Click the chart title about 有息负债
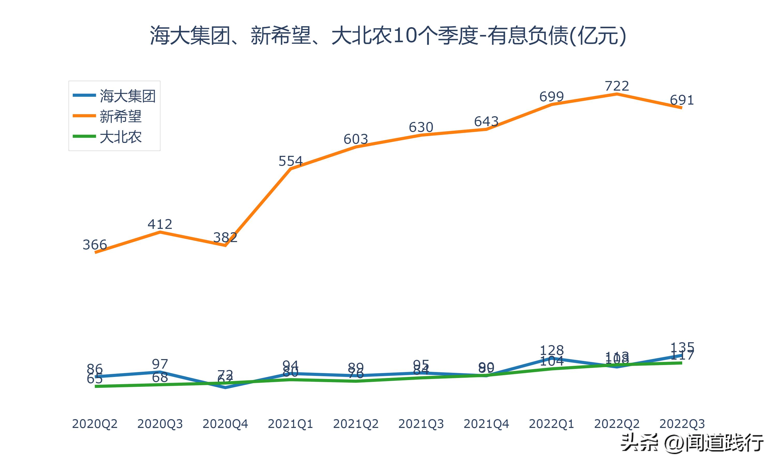point(388,35)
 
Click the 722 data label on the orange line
point(617,86)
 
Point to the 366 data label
point(95,245)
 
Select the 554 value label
point(291,161)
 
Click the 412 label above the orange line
point(160,224)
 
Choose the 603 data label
point(356,139)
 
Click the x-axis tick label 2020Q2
point(95,424)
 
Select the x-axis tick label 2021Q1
point(291,424)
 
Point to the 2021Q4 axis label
point(486,424)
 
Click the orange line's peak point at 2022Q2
point(617,93)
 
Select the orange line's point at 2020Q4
point(225,245)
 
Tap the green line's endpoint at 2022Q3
point(681,363)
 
